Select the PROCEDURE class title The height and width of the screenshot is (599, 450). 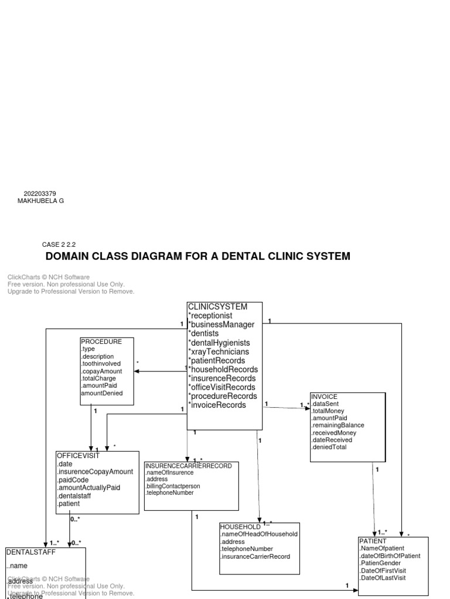click(x=101, y=342)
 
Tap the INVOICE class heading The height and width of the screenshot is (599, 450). click(x=324, y=397)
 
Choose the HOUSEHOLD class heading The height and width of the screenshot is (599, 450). click(x=240, y=526)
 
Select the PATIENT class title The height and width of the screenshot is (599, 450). click(x=373, y=541)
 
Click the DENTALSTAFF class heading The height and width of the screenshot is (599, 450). click(x=29, y=552)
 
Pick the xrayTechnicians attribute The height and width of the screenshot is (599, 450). click(x=219, y=352)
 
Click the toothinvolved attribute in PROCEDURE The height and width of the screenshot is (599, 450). click(x=101, y=363)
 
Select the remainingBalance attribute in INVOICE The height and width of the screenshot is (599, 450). click(x=338, y=425)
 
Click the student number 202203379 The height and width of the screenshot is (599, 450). click(x=40, y=194)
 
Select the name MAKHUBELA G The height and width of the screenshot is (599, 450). click(x=40, y=201)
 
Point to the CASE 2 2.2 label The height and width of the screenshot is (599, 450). click(x=59, y=245)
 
